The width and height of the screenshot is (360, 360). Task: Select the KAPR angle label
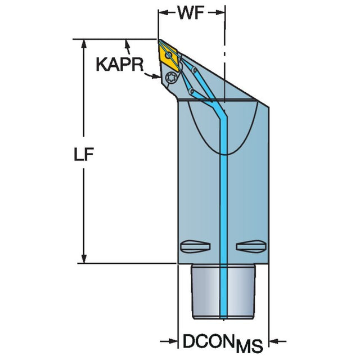116,65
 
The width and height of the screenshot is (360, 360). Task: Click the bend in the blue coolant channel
224,115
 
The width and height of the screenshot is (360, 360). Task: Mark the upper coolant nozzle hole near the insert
195,71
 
